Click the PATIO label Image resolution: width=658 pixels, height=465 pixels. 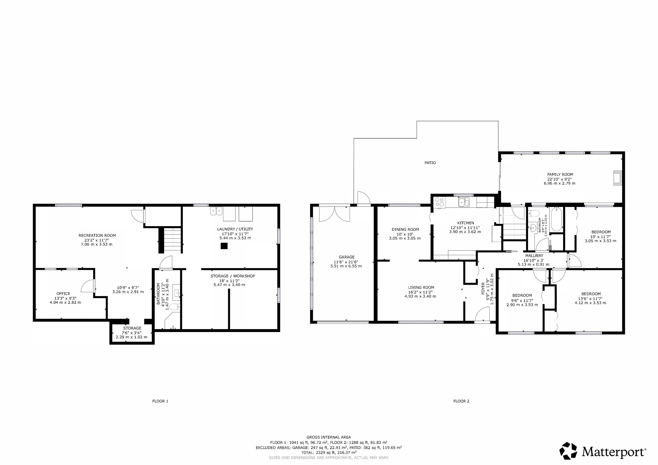click(x=430, y=163)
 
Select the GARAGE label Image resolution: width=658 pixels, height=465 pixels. click(x=346, y=257)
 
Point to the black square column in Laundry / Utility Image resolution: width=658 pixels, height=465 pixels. click(x=224, y=246)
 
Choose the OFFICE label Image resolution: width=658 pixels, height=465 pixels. click(x=63, y=293)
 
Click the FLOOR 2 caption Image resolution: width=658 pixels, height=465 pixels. click(x=461, y=401)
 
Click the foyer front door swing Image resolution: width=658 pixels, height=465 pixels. click(x=483, y=314)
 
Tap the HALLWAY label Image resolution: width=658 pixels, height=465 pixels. click(x=534, y=256)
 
